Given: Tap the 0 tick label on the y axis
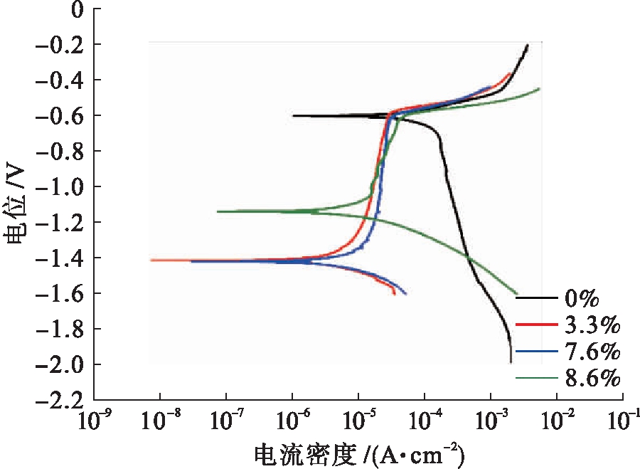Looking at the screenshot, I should (x=78, y=9).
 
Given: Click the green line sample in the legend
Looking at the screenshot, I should (x=535, y=378).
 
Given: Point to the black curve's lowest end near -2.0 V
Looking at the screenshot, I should (x=511, y=362).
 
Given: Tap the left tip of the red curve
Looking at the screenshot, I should (x=151, y=260).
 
